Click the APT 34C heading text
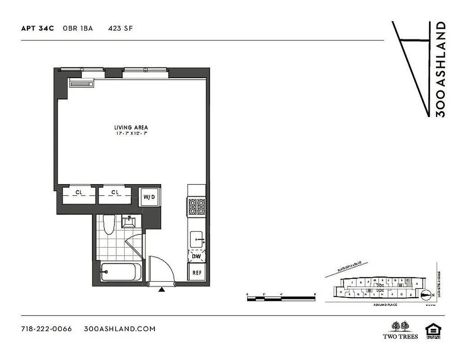[x=37, y=28]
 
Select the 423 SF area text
[x=120, y=28]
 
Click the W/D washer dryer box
[x=149, y=197]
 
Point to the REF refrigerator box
[x=197, y=273]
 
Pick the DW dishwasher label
[x=196, y=256]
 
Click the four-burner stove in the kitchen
[x=196, y=207]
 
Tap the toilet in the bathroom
[x=108, y=225]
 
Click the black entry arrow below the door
[x=161, y=290]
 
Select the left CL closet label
[x=79, y=193]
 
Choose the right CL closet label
[x=115, y=193]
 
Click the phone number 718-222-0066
[x=46, y=328]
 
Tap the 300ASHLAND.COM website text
[x=120, y=328]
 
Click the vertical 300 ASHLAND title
[x=441, y=69]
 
